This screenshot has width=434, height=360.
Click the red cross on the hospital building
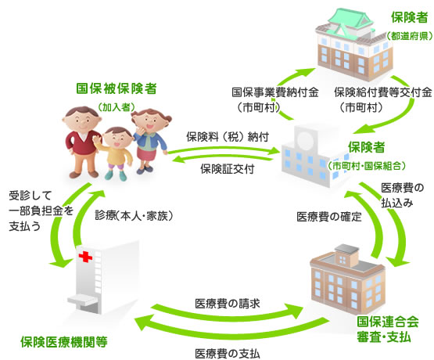tap(85, 257)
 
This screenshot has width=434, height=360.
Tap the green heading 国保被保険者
tap(117, 88)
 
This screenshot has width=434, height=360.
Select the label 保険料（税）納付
tap(228, 137)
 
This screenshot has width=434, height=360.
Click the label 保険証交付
tap(228, 168)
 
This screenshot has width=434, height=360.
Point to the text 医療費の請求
tap(228, 304)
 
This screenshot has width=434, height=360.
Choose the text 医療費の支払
tap(228, 354)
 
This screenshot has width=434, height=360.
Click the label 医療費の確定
tap(329, 217)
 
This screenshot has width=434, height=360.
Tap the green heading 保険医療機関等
tap(64, 342)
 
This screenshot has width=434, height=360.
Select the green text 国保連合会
tap(388, 322)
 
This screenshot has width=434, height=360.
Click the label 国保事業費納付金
tap(275, 92)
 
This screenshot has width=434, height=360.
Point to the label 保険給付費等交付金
tap(383, 92)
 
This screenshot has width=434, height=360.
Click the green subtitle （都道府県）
tap(410, 36)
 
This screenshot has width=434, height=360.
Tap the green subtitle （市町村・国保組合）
tap(367, 166)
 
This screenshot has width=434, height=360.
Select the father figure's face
tap(81, 120)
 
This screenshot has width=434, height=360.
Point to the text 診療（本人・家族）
tap(134, 215)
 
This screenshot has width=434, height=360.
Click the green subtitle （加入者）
tap(117, 107)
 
